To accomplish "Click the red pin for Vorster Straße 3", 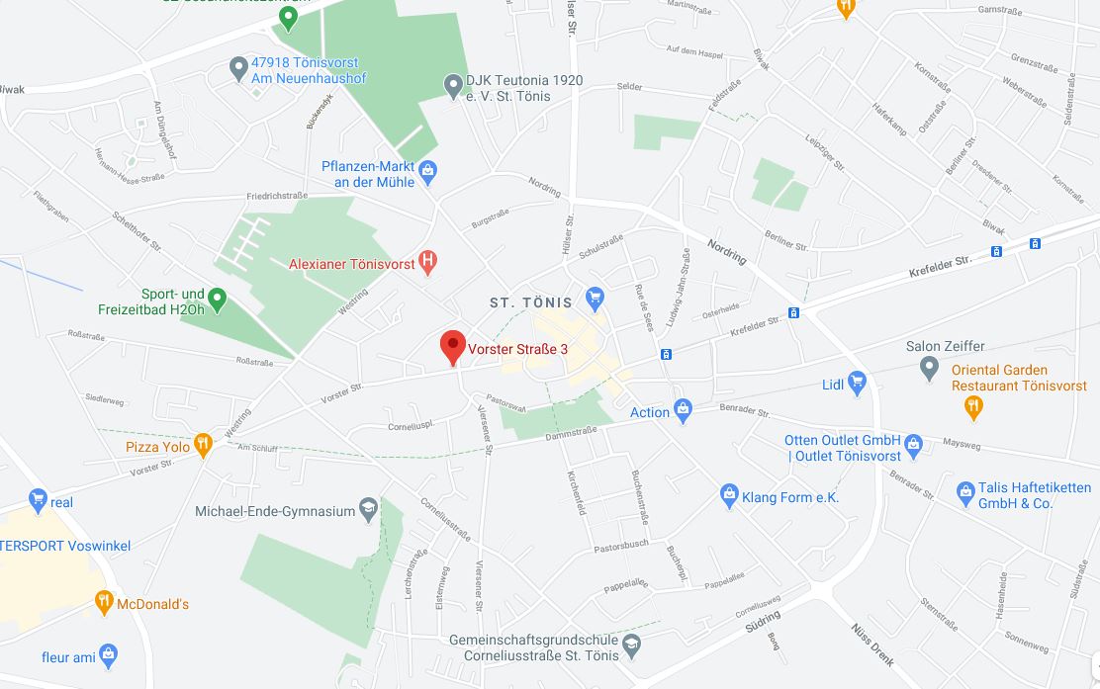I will (x=452, y=346).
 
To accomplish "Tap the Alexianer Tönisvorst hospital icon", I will (x=428, y=262).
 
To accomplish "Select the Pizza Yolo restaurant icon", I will (x=203, y=445).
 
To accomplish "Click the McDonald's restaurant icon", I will (x=104, y=601).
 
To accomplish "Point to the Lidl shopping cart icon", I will (x=857, y=383).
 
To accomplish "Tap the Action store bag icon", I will (x=682, y=409).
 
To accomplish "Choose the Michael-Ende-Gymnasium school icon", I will (x=368, y=509).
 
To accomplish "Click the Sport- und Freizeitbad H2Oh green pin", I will (x=218, y=298).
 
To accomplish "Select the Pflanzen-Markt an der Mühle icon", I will (x=427, y=173).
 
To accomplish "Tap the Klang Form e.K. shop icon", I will (x=729, y=493).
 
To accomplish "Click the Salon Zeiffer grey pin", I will (x=928, y=368).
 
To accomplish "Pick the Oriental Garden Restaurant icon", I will (x=973, y=405).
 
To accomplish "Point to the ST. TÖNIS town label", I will (x=531, y=302).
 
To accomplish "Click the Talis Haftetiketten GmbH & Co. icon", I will (x=966, y=490).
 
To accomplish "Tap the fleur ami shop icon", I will (x=108, y=654).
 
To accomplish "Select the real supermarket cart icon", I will (x=39, y=500).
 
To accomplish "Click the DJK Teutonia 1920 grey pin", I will (x=453, y=87).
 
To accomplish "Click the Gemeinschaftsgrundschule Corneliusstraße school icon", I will (x=633, y=647).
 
